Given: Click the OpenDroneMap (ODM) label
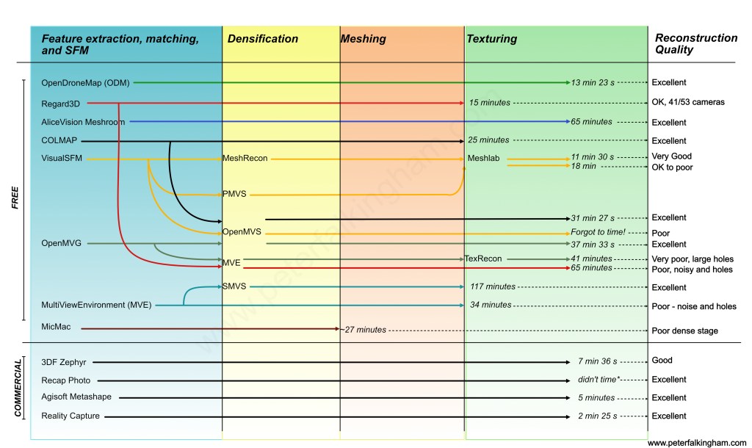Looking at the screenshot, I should [x=86, y=83].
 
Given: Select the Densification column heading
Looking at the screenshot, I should [x=263, y=39].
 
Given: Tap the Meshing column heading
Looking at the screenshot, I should [x=364, y=39].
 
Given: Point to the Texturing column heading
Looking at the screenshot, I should [x=492, y=39].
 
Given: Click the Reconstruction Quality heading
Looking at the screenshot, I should [x=695, y=44].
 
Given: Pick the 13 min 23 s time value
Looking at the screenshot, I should [x=594, y=83].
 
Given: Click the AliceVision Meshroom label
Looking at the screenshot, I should [x=83, y=122].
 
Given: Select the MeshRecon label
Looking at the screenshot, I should [x=245, y=158].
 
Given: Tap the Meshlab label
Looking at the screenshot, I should [x=485, y=158].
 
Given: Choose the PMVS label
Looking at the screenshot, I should [x=233, y=195].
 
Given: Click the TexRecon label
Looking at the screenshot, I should [x=483, y=259].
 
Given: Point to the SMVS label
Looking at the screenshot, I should [x=234, y=286].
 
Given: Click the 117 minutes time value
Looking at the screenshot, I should [x=493, y=287].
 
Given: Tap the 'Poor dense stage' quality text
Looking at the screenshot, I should [x=684, y=330].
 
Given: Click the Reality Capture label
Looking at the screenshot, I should [x=70, y=416].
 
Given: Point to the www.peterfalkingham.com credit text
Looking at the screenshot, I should [x=696, y=444].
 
